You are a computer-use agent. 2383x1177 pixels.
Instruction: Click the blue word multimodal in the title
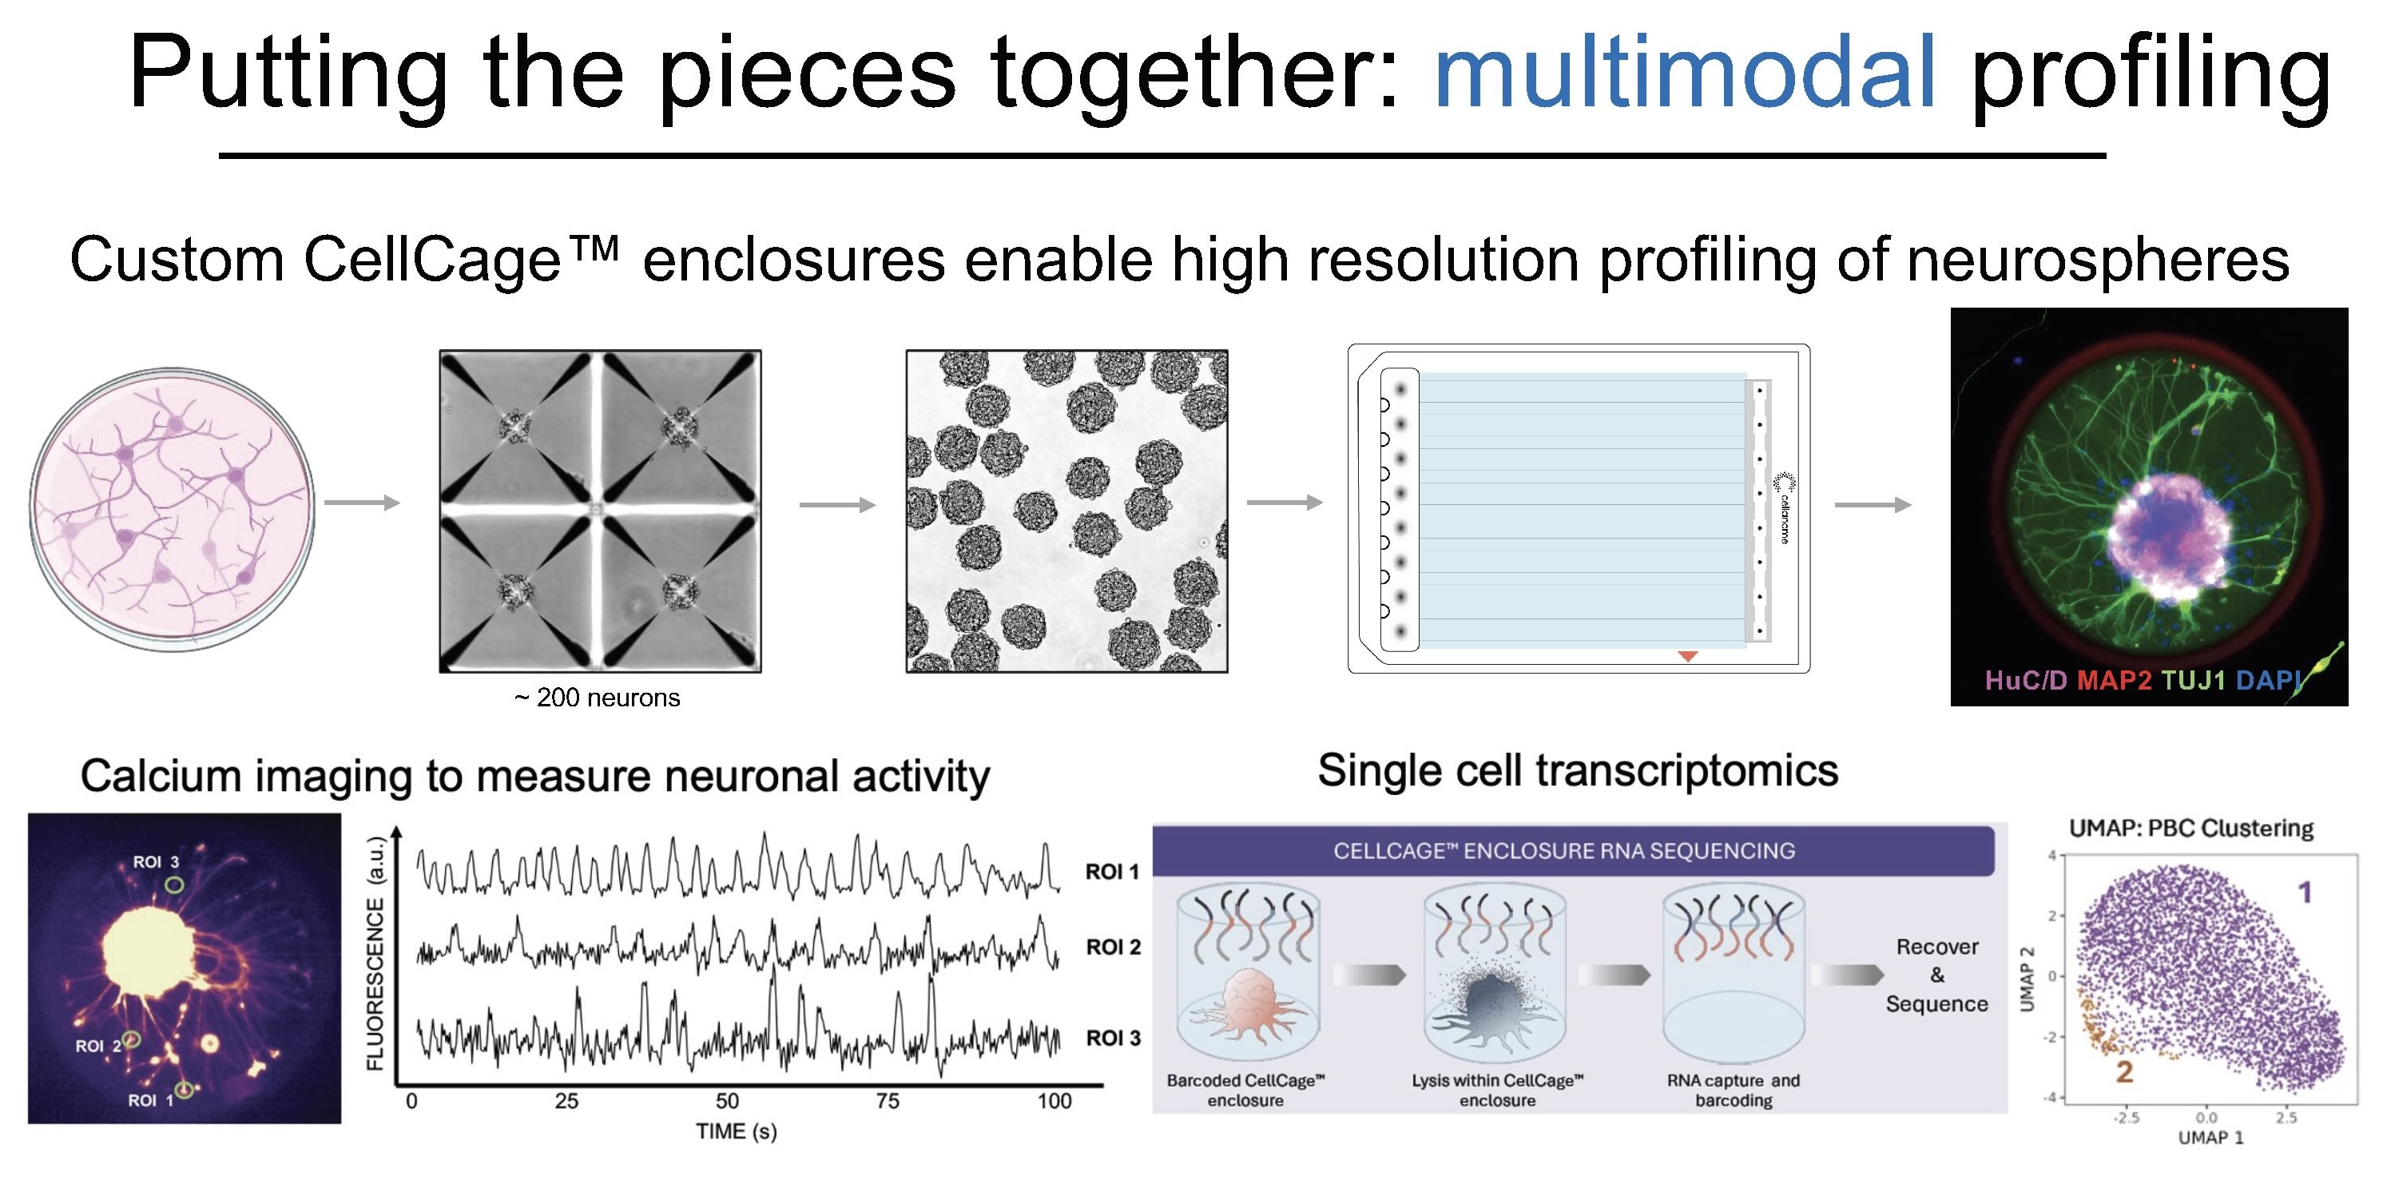point(1684,72)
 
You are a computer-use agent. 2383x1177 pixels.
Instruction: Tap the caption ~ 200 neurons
point(597,698)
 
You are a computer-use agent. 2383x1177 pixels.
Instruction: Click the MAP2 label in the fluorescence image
point(2114,681)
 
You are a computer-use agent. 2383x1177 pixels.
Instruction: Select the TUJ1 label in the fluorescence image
point(2192,681)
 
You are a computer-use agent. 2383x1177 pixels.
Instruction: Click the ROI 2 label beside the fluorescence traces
point(1113,947)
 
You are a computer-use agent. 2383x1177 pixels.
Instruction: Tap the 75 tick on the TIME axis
point(888,1101)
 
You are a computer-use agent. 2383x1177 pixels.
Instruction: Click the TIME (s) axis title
point(737,1131)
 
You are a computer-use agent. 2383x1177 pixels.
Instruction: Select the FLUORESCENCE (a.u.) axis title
point(375,953)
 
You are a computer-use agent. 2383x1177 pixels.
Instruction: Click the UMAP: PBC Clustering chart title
point(2190,828)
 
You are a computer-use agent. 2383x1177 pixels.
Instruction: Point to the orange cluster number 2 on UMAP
point(2124,1072)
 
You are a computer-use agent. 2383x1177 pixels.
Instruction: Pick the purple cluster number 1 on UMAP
point(2305,892)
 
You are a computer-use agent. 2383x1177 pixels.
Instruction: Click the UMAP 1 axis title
point(2211,1137)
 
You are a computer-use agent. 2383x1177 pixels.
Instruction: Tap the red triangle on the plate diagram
point(1687,656)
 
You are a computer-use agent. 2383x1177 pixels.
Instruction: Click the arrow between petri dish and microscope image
point(362,503)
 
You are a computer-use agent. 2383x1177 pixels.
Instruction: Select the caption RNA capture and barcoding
point(1733,1090)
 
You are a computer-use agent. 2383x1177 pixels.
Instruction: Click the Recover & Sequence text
point(1937,976)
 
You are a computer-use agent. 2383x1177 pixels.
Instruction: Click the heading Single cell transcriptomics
point(1577,771)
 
